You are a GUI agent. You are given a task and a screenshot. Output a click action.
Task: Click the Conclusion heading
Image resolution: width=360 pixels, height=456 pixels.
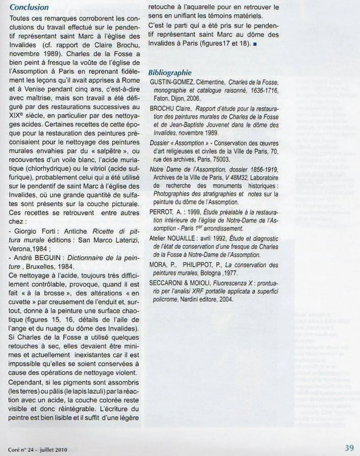click(29, 7)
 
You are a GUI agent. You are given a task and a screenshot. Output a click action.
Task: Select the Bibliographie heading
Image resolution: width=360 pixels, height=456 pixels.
click(170, 73)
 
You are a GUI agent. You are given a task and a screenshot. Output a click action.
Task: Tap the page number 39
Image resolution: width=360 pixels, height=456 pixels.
click(349, 448)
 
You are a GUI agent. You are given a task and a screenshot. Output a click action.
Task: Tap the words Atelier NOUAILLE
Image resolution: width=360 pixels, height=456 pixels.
click(172, 238)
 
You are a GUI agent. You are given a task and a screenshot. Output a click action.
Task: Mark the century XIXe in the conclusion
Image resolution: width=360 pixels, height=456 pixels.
click(17, 116)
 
